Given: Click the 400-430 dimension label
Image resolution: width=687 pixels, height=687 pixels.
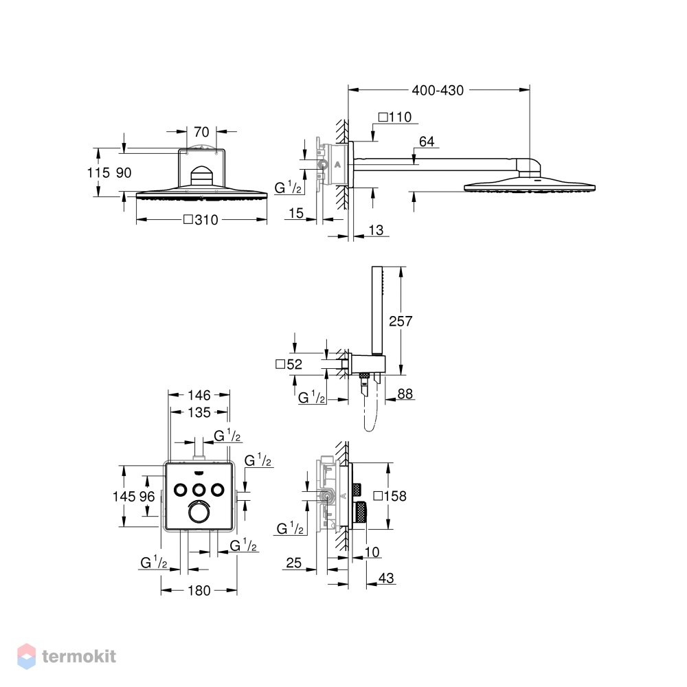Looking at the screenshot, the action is [x=437, y=90].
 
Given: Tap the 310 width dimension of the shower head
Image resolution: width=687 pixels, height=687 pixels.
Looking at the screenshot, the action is [x=201, y=220].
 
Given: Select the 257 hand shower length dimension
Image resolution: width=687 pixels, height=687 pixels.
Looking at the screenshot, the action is [x=401, y=321].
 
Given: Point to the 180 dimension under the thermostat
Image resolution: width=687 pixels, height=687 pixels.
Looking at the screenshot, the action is [x=199, y=591].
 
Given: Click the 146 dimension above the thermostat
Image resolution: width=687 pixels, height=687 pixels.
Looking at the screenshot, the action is [x=199, y=395].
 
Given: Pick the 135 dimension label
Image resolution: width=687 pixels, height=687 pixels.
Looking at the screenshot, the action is [x=199, y=412].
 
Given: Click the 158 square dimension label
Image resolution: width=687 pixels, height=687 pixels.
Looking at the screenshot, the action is [x=390, y=496].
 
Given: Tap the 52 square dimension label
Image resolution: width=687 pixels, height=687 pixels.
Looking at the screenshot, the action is [x=289, y=364].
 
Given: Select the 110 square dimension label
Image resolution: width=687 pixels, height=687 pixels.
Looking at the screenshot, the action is [x=395, y=117].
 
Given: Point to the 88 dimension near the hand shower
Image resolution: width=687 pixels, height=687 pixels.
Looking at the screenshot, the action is [x=405, y=394].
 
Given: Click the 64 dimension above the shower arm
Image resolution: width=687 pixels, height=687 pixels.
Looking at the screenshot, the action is [x=427, y=142].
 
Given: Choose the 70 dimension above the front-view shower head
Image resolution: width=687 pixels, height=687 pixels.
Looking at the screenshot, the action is [x=201, y=132].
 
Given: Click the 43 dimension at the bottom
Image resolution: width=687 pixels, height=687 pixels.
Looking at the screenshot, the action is [x=386, y=578].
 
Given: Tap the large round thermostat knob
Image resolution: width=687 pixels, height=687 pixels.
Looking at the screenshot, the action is [x=199, y=513].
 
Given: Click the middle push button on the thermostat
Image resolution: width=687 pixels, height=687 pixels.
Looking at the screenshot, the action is [x=199, y=490].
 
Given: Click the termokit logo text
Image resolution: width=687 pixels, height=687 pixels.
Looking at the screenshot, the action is [x=79, y=656].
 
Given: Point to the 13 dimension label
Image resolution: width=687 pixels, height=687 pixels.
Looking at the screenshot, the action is [x=376, y=230].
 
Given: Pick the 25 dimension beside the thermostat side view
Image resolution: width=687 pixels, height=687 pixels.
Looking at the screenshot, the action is [x=293, y=563].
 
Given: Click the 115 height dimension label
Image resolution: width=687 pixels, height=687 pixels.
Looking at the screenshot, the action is [x=98, y=172].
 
